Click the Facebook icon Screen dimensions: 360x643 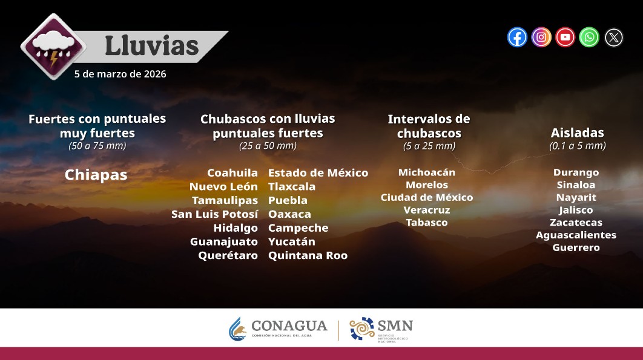tap(517, 38)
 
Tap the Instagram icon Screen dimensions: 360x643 tap(541, 38)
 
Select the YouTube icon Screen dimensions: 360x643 tap(565, 38)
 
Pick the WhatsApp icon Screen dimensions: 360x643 tap(589, 38)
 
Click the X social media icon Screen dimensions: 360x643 tap(613, 38)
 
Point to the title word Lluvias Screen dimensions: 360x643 tap(151, 46)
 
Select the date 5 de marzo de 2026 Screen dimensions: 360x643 tap(120, 74)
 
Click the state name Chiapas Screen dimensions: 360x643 tap(96, 175)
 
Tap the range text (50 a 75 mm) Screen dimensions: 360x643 tap(97, 146)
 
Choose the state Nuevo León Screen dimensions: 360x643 tap(223, 186)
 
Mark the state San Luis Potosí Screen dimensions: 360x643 tap(215, 214)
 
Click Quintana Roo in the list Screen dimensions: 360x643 tap(308, 255)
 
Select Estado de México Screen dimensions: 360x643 tap(318, 173)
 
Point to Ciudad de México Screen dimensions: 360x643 tap(426, 197)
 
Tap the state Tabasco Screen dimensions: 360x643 tap(426, 222)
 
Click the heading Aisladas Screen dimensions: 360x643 tap(577, 133)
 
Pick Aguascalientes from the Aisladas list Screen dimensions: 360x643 tap(576, 235)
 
